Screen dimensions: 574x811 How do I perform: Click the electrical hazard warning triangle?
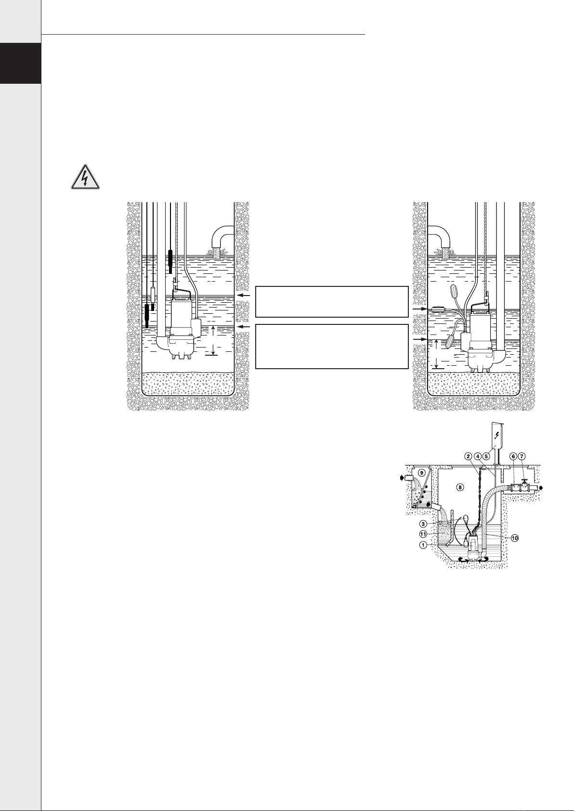tap(85, 177)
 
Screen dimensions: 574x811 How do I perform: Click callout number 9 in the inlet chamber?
tap(421, 473)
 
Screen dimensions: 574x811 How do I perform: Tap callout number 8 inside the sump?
tap(460, 488)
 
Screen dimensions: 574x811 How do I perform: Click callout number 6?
tap(513, 457)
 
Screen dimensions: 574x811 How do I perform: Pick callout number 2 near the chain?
tap(469, 457)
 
